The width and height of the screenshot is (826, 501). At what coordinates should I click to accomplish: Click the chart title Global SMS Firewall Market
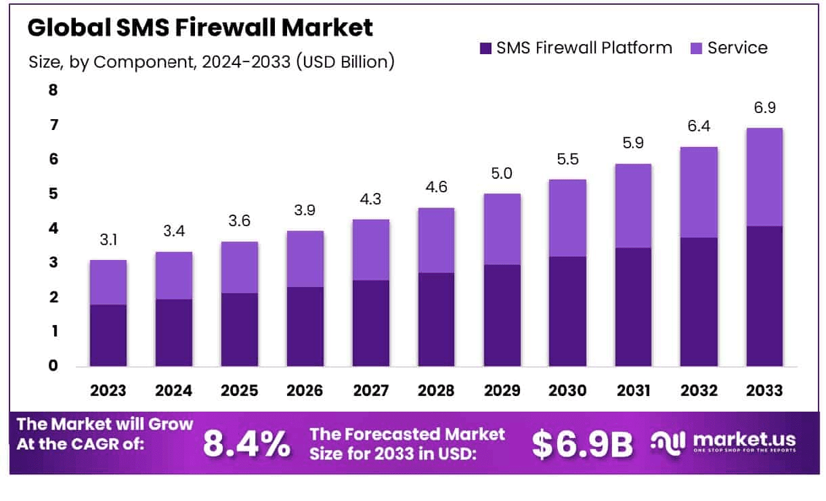(x=200, y=28)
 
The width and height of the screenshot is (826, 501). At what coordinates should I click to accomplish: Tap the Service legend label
(x=737, y=48)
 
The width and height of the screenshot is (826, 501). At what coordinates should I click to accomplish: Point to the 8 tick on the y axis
(x=53, y=90)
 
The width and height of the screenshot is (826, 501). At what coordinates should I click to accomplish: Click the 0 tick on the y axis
(x=53, y=366)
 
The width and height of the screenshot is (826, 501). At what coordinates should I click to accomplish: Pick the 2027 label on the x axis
(x=371, y=391)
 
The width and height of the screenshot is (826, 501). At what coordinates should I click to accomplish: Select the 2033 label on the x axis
(x=764, y=391)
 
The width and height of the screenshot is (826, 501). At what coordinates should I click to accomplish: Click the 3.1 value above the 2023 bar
(x=108, y=240)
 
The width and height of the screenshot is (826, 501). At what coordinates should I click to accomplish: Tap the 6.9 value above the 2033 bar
(x=764, y=108)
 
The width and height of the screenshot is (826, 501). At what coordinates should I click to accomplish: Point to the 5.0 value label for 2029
(x=502, y=173)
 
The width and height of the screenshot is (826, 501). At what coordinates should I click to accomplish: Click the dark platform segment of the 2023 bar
(x=108, y=335)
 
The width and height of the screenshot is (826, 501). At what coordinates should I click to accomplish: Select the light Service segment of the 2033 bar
(x=764, y=177)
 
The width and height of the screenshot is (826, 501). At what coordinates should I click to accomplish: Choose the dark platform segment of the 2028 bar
(x=436, y=319)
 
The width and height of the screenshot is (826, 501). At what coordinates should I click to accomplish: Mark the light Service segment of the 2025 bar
(x=240, y=267)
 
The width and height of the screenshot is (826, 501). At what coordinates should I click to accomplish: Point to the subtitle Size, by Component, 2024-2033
(x=211, y=62)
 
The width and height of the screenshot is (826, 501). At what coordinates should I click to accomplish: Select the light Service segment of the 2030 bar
(x=567, y=218)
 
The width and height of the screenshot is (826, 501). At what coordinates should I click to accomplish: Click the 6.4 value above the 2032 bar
(x=698, y=127)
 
